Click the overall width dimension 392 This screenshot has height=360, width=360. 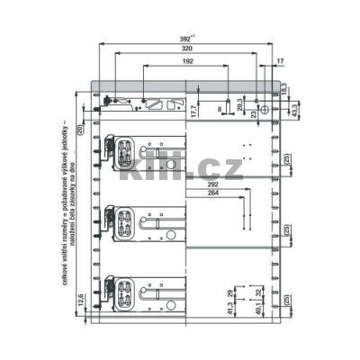pyautogui.click(x=184, y=39)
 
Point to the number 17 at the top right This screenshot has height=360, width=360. pyautogui.click(x=281, y=61)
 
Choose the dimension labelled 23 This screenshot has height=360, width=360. pyautogui.click(x=255, y=112)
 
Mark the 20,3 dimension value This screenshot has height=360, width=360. pyautogui.click(x=238, y=106)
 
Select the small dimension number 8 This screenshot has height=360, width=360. pyautogui.click(x=218, y=107)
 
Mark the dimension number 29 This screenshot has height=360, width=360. pyautogui.click(x=230, y=293)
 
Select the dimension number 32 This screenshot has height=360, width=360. pyautogui.click(x=257, y=292)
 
